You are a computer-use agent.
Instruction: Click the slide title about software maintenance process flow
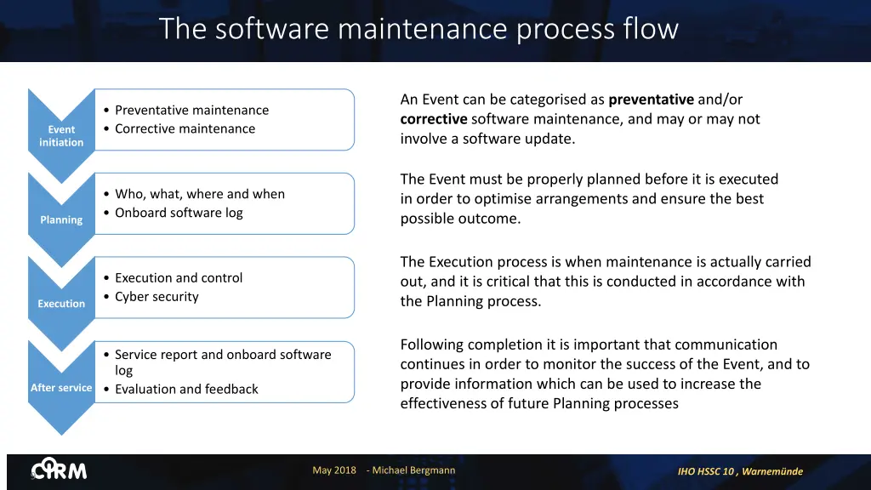tap(418, 29)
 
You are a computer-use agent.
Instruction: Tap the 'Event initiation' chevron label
tap(61, 136)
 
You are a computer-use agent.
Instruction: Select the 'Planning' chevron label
tap(61, 219)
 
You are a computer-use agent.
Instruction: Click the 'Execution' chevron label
tap(61, 304)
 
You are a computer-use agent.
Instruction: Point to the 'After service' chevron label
tap(61, 388)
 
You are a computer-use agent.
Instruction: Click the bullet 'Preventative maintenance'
tap(191, 110)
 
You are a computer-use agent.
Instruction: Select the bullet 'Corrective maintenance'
tap(185, 128)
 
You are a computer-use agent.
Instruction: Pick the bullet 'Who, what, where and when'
tap(200, 194)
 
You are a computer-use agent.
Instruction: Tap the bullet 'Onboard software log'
tap(179, 213)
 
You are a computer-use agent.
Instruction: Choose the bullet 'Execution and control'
tap(179, 278)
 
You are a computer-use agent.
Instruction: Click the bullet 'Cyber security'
tap(157, 297)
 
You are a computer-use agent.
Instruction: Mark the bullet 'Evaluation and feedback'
tap(186, 389)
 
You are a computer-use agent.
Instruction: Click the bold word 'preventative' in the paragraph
tap(651, 100)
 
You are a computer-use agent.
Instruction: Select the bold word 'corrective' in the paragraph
tap(434, 119)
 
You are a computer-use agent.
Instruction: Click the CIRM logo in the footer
tap(60, 470)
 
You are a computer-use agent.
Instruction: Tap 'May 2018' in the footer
tap(334, 470)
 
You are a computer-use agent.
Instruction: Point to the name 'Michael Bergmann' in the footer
tap(415, 470)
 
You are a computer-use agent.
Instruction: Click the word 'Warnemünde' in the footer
tap(772, 471)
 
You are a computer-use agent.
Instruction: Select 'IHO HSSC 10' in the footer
tap(705, 471)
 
